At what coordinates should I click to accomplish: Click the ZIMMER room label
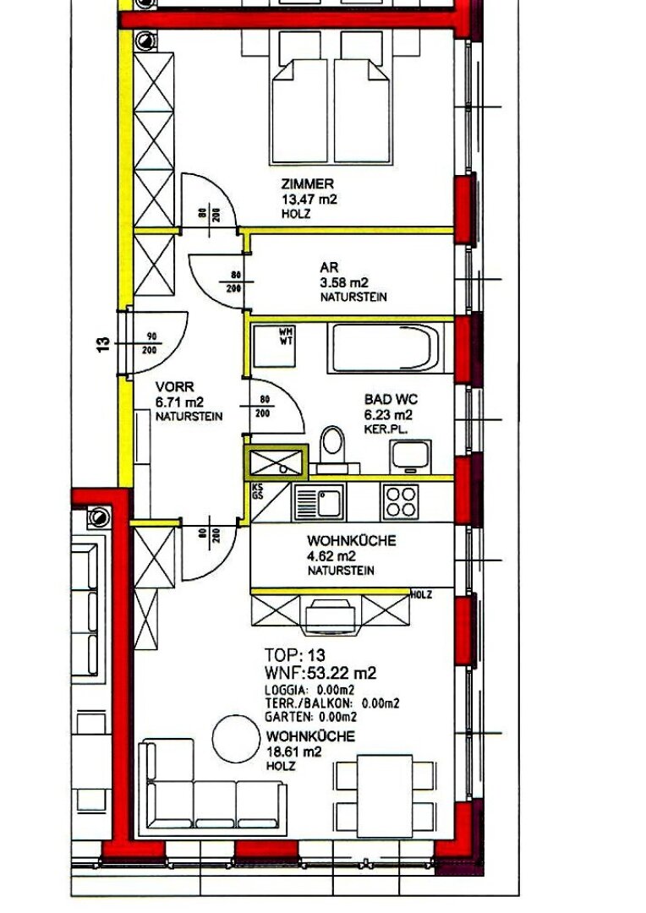(308, 184)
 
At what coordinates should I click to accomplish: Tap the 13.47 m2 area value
(309, 200)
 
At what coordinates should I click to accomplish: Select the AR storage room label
(329, 268)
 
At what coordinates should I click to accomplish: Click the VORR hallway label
(175, 386)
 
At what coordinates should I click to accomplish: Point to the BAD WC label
(391, 399)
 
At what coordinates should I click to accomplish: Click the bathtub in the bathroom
(385, 349)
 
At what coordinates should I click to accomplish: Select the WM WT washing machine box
(274, 345)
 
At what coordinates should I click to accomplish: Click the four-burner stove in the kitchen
(400, 501)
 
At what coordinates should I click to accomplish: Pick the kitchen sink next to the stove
(320, 502)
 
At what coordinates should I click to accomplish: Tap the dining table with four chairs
(385, 795)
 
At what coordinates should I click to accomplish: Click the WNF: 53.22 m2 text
(320, 674)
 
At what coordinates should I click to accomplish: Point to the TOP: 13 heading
(294, 655)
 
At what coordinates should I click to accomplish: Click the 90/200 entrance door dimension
(150, 343)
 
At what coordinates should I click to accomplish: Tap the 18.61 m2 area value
(293, 752)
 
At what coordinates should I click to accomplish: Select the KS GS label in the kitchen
(257, 491)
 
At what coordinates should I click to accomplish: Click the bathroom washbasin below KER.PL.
(411, 456)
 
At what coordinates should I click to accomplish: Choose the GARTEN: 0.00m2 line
(310, 717)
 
